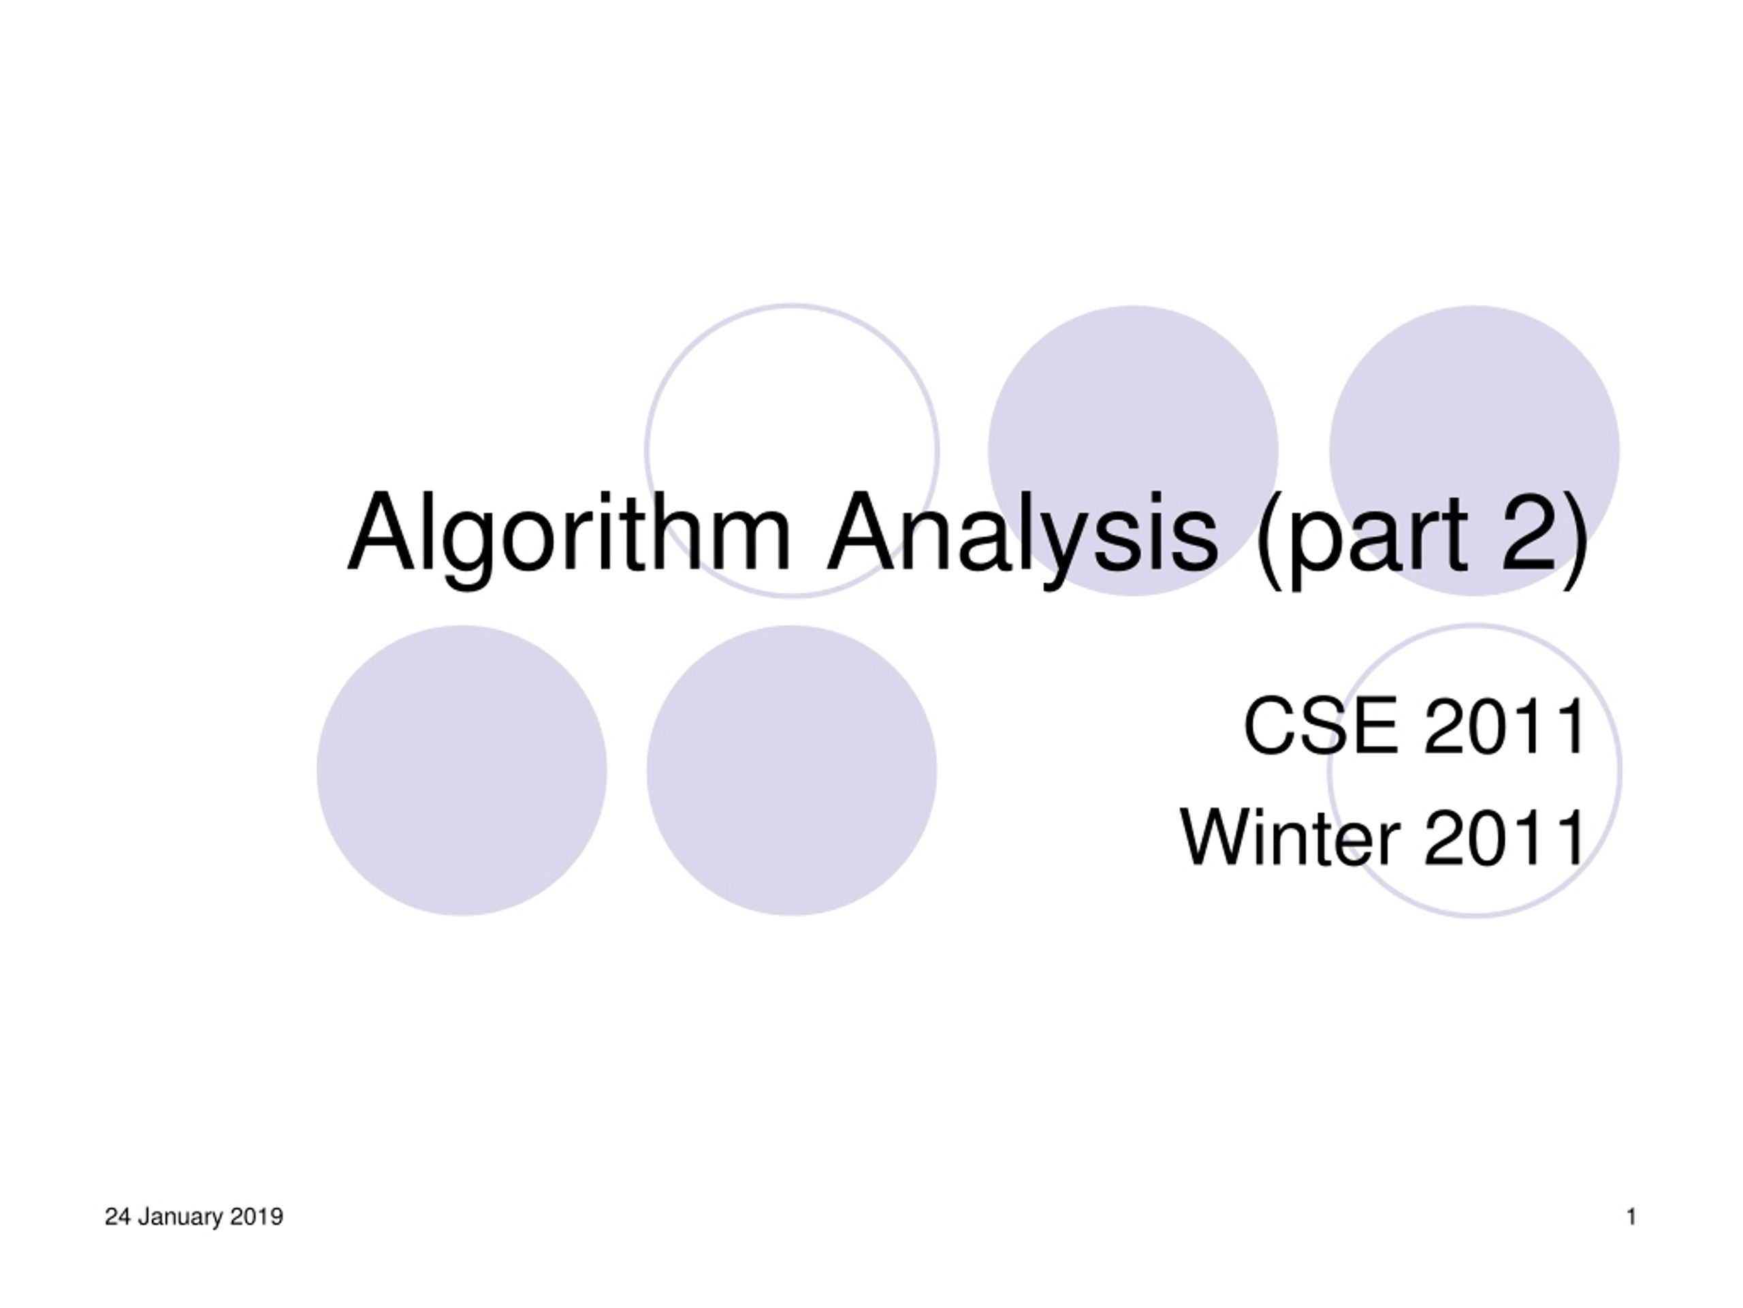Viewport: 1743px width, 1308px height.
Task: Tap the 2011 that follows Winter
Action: pyautogui.click(x=1505, y=837)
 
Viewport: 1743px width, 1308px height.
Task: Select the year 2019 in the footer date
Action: pyautogui.click(x=257, y=1217)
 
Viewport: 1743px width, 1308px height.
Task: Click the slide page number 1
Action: pyautogui.click(x=1631, y=1217)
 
